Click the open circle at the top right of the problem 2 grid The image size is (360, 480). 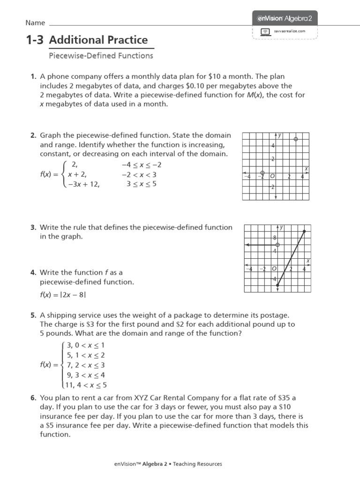295,139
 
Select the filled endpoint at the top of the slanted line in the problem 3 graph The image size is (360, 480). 305,231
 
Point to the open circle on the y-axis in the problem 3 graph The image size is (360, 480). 278,245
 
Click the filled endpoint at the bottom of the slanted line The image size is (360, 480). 278,285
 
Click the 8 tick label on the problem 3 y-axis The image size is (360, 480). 275,238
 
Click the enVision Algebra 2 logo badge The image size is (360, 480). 285,18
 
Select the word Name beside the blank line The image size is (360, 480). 35,23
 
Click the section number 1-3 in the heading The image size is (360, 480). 35,40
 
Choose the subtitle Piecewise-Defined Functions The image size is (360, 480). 101,56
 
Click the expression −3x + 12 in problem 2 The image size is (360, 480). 84,184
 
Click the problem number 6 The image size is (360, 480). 33,398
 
